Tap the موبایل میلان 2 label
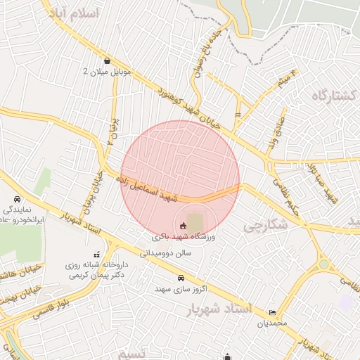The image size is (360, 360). (105, 72)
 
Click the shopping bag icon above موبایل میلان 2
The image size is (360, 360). (106, 60)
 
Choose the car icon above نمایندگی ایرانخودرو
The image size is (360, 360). (18, 200)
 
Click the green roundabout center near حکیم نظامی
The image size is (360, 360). (324, 265)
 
